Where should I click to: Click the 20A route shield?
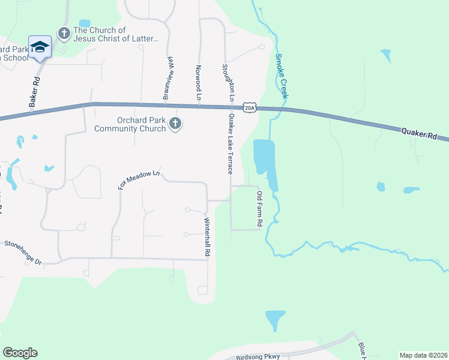tap(250, 108)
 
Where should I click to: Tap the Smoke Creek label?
tap(282, 76)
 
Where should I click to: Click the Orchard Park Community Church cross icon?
tap(175, 124)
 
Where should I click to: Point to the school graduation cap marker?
tap(40, 47)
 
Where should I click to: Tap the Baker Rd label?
tap(35, 92)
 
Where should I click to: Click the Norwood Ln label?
tap(197, 82)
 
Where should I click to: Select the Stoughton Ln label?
tap(227, 82)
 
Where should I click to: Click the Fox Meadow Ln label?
tap(139, 179)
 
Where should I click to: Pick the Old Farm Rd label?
tap(259, 208)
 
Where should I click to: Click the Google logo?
tap(20, 353)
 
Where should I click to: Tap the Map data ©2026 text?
tap(423, 355)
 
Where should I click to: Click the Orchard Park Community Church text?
tap(130, 124)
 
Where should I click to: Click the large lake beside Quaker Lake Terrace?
tap(265, 159)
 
